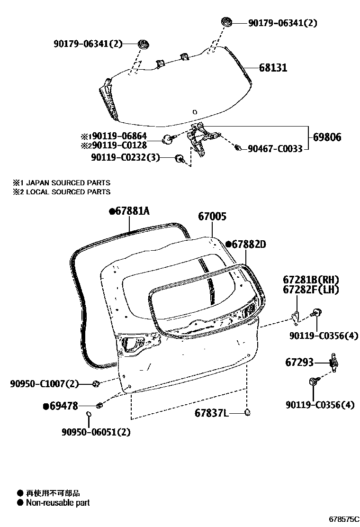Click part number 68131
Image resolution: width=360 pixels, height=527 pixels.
(273, 68)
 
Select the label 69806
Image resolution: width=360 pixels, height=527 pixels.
(326, 138)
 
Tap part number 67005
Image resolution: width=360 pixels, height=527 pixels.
(212, 217)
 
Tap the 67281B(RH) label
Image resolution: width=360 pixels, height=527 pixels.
(311, 280)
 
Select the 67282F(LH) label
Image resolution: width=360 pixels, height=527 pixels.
(311, 290)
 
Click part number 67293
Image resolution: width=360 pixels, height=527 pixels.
(299, 363)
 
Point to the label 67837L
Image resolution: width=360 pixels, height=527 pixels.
(211, 413)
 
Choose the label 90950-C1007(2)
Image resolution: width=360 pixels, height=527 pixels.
(44, 383)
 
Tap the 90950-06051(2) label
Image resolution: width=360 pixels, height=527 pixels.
(96, 432)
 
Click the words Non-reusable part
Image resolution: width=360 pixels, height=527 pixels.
(58, 503)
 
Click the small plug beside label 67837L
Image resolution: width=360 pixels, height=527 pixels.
(247, 412)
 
